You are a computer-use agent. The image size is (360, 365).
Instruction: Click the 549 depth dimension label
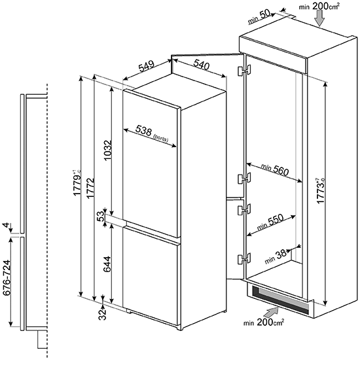[147, 66]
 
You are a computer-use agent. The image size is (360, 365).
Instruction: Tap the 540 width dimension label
[202, 65]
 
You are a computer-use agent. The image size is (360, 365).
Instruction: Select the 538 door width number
[144, 131]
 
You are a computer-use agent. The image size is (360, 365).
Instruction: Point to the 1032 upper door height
[108, 150]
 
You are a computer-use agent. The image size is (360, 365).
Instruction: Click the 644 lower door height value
[107, 264]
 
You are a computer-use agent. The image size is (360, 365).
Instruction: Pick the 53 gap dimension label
[100, 217]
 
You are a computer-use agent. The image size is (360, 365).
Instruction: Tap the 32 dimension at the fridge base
[102, 315]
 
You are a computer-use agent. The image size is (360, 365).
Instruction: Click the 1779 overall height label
[77, 183]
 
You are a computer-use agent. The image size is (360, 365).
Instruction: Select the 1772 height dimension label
[90, 188]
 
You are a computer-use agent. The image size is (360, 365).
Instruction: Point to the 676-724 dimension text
[7, 278]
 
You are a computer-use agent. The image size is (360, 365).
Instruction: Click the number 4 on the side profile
[7, 225]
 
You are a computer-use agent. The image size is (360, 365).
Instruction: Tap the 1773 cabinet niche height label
[321, 191]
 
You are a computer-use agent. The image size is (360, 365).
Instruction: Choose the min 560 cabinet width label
[275, 169]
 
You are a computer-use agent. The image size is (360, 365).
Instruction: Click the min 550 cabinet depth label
[270, 222]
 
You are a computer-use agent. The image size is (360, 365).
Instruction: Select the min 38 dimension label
[276, 256]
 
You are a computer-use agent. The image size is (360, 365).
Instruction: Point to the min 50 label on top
[259, 16]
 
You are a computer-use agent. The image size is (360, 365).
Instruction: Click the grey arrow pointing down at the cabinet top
[321, 18]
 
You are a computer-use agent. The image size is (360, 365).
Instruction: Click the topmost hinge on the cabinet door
[244, 71]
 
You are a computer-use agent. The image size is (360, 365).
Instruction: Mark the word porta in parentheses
[160, 138]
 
